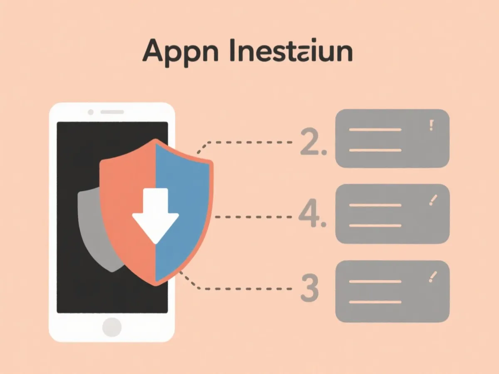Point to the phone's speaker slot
pos(112,112)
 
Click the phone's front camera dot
pos(91,112)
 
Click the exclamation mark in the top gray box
pos(432,125)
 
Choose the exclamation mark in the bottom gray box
pos(433,276)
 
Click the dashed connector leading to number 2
pos(249,142)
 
